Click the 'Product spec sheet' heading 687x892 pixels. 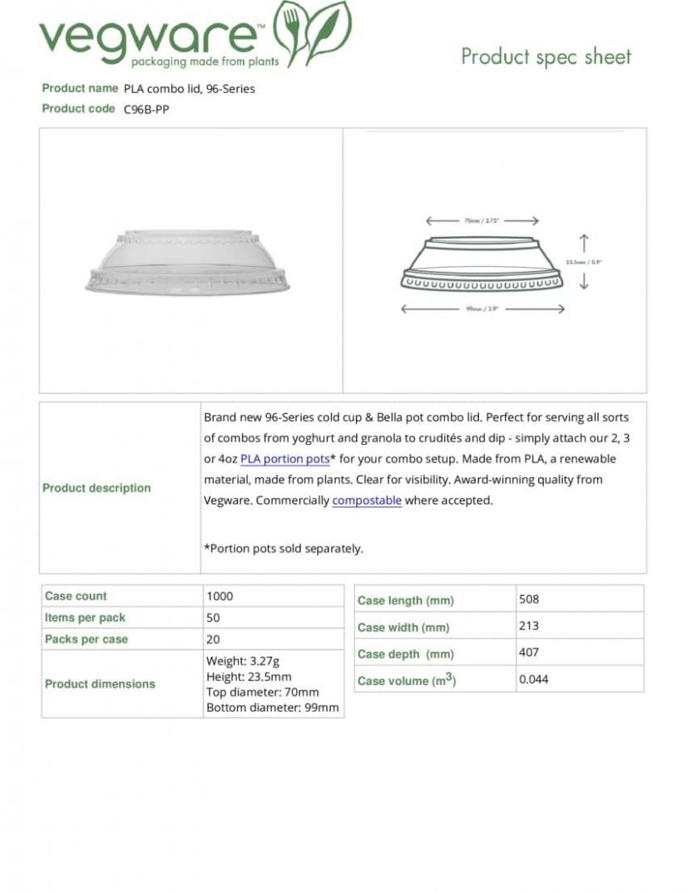pyautogui.click(x=546, y=57)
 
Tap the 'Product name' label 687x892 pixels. pyautogui.click(x=80, y=88)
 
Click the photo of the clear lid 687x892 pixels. pyautogui.click(x=189, y=261)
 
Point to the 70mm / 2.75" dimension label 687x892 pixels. pyautogui.click(x=482, y=221)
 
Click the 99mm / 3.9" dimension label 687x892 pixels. pyautogui.click(x=482, y=309)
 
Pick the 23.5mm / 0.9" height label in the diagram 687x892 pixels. pyautogui.click(x=583, y=262)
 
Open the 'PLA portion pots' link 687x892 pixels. pyautogui.click(x=284, y=459)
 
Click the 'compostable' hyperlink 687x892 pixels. pyautogui.click(x=367, y=500)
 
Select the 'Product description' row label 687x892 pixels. pyautogui.click(x=96, y=488)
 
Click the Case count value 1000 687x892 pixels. pyautogui.click(x=220, y=596)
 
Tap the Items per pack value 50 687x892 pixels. pyautogui.click(x=213, y=618)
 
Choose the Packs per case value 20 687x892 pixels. pyautogui.click(x=213, y=639)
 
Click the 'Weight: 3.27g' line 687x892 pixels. pyautogui.click(x=242, y=662)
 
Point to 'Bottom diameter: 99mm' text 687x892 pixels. pyautogui.click(x=272, y=707)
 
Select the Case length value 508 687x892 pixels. pyautogui.click(x=529, y=599)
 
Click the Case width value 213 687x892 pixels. pyautogui.click(x=528, y=625)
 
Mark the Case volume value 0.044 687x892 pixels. pyautogui.click(x=533, y=679)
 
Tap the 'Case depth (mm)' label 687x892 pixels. pyautogui.click(x=405, y=654)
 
